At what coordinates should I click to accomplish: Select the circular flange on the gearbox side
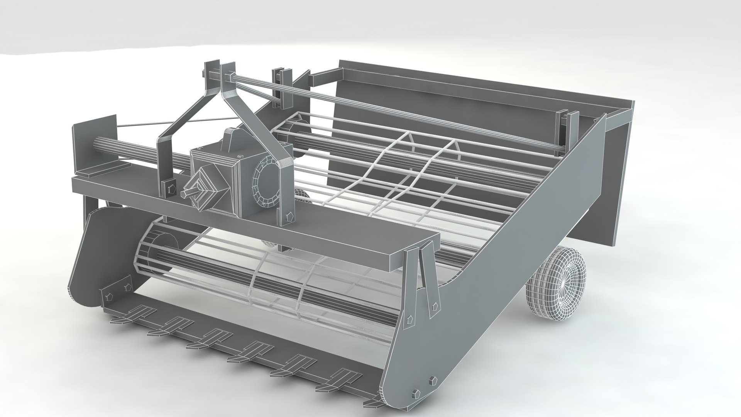265,181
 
